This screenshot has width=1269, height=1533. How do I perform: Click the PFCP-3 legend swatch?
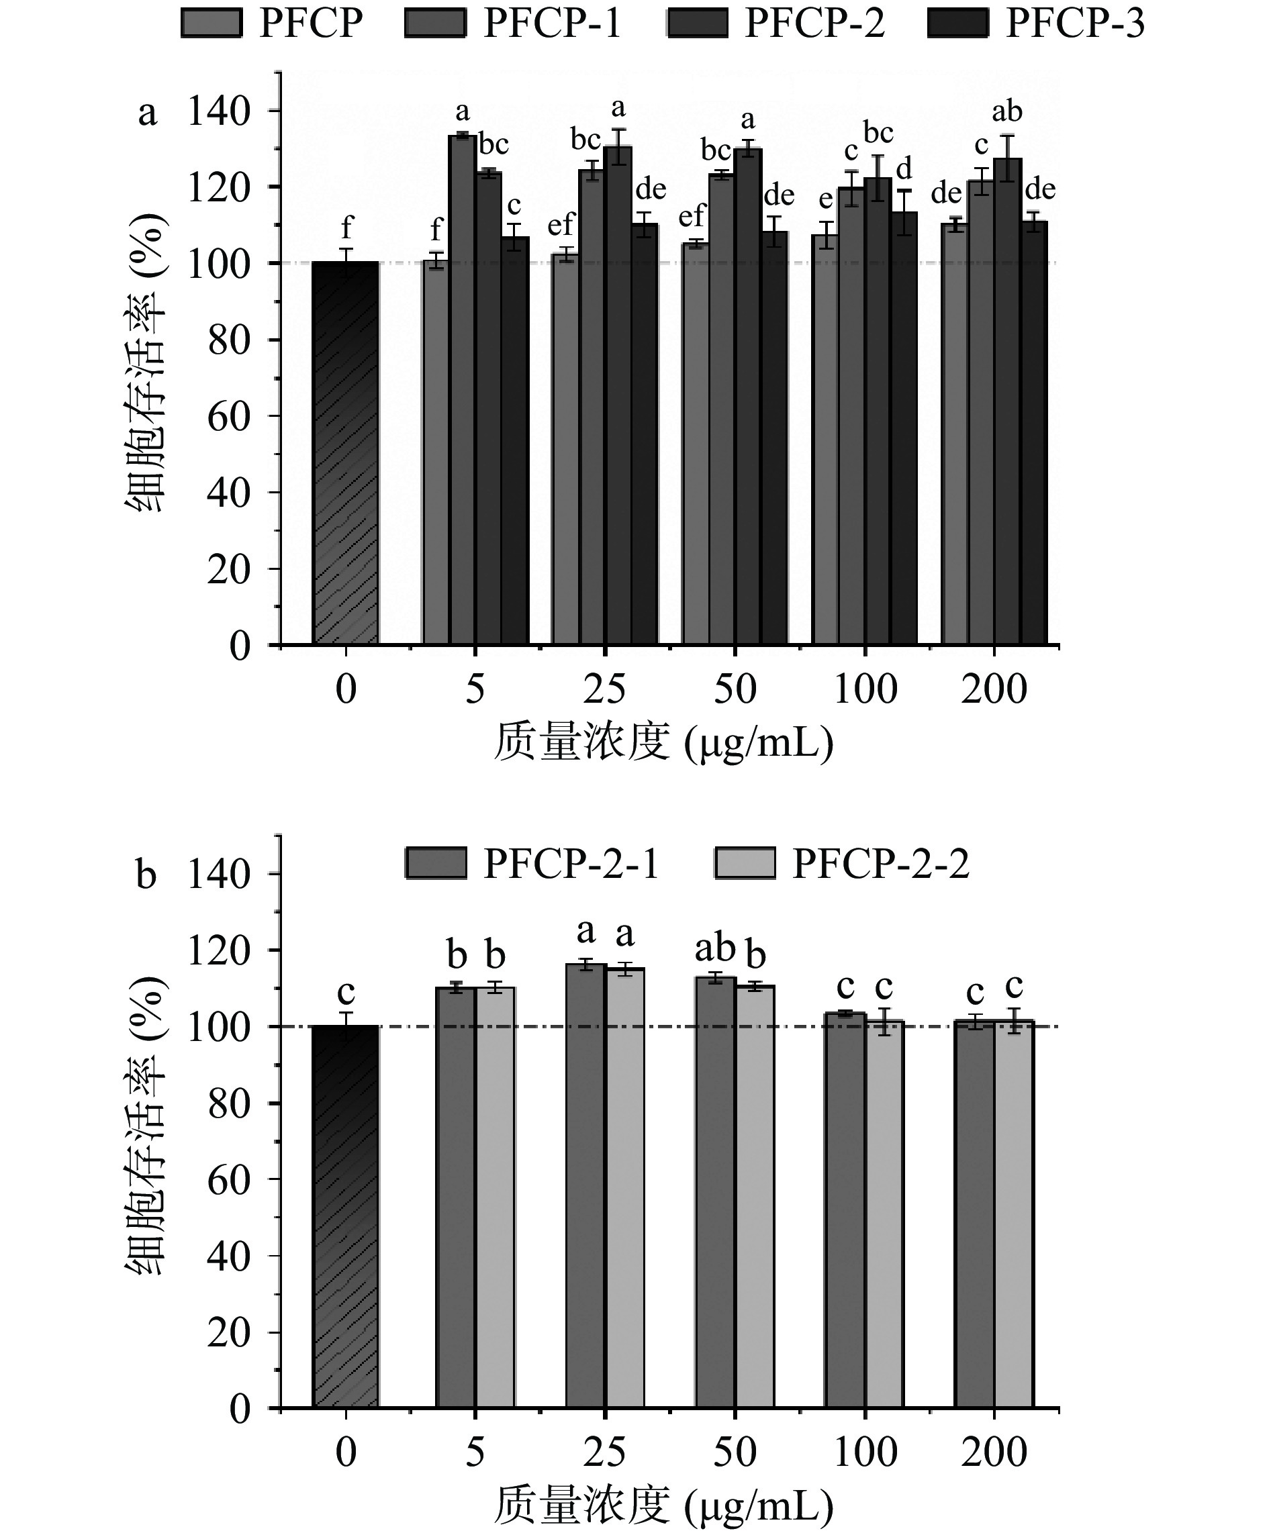pyautogui.click(x=957, y=23)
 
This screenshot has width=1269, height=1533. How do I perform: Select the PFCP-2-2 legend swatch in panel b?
pyautogui.click(x=744, y=864)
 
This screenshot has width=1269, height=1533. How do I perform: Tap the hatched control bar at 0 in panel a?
pyautogui.click(x=345, y=452)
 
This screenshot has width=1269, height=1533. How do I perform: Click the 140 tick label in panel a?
pyautogui.click(x=218, y=111)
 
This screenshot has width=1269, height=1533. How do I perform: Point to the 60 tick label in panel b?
pyautogui.click(x=228, y=1180)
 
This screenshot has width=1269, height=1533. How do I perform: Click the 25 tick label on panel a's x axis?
pyautogui.click(x=604, y=689)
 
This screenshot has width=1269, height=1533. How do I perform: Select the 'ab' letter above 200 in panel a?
pyautogui.click(x=1007, y=111)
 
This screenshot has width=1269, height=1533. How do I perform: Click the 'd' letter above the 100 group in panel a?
pyautogui.click(x=904, y=168)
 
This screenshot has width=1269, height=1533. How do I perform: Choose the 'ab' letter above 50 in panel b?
pyautogui.click(x=714, y=949)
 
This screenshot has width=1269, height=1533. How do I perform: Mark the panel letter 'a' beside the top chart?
pyautogui.click(x=148, y=113)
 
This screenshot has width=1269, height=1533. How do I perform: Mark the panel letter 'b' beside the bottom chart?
pyautogui.click(x=146, y=875)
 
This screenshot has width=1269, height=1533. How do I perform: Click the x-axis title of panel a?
pyautogui.click(x=663, y=744)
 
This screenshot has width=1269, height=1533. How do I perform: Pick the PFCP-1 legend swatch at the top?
pyautogui.click(x=434, y=23)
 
